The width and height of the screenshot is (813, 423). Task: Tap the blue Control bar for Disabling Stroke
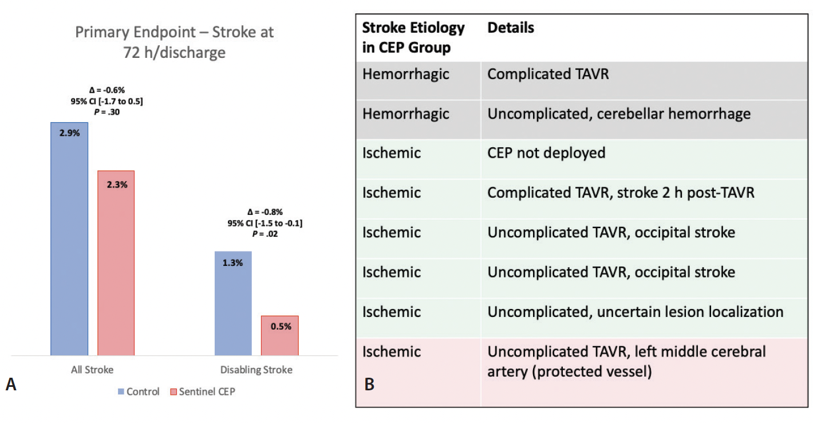coord(233,303)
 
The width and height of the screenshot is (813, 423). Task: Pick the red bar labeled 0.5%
coord(279,335)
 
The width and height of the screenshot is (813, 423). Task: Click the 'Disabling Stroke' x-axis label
coord(256,370)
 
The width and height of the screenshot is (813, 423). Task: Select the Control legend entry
coord(138,392)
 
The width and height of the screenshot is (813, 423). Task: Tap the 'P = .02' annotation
coord(265,234)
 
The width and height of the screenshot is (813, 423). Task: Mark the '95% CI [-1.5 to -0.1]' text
coord(265,223)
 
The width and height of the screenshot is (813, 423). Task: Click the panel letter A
coord(11,385)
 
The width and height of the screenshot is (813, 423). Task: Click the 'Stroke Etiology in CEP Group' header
coord(413,37)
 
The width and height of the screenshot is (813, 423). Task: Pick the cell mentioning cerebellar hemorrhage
coord(618,113)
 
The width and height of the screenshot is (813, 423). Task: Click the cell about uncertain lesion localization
coord(635,312)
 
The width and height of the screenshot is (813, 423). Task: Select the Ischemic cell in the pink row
coord(391,351)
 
